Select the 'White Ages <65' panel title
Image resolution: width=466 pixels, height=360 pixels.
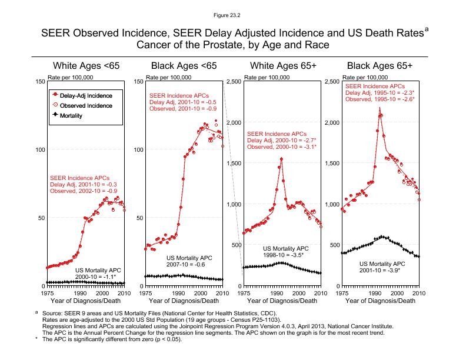point(86,65)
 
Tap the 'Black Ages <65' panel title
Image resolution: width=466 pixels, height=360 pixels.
point(184,65)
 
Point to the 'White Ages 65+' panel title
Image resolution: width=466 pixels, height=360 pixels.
point(282,65)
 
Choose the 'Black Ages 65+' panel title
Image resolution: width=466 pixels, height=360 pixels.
point(380,65)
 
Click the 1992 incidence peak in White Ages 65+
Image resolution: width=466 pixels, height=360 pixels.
point(282,159)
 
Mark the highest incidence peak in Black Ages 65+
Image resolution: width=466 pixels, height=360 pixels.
point(380,109)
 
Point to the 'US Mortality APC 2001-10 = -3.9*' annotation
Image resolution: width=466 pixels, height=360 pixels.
point(382,266)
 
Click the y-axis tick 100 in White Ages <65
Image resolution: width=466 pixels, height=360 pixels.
point(40,149)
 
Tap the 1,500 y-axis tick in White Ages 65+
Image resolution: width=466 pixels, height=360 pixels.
point(234,163)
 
